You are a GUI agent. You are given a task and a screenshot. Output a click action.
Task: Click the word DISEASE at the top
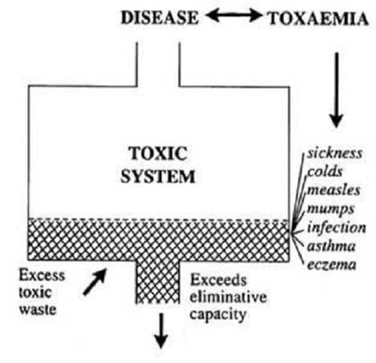click(159, 18)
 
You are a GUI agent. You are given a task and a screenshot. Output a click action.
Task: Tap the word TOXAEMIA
click(318, 19)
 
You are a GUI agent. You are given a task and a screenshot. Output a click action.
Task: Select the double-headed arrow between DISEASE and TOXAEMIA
click(233, 16)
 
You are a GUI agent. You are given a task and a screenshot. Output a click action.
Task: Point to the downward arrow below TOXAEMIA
click(336, 90)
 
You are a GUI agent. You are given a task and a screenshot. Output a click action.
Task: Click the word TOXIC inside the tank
click(158, 154)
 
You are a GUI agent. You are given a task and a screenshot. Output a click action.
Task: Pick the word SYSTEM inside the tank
click(158, 176)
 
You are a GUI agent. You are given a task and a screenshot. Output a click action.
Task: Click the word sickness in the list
click(335, 154)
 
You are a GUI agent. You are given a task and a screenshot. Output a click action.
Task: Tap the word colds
click(325, 172)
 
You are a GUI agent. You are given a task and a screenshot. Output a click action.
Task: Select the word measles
click(334, 190)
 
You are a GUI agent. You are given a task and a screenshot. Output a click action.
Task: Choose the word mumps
click(331, 209)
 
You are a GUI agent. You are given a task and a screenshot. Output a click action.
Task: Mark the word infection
click(337, 227)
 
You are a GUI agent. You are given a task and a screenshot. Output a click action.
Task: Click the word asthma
click(331, 246)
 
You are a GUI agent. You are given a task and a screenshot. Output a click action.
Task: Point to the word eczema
click(332, 264)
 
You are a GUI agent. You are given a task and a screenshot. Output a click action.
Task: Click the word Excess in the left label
click(42, 275)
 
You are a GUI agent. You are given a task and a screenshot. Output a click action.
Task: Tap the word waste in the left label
click(38, 310)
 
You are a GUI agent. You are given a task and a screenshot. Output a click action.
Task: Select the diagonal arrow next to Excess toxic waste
click(95, 282)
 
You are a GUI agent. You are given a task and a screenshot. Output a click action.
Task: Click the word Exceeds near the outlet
click(218, 279)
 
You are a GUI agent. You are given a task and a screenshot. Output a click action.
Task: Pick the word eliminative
click(228, 297)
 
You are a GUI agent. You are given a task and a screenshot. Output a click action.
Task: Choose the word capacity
click(218, 315)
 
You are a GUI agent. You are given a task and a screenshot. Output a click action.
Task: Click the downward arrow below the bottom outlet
click(161, 331)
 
